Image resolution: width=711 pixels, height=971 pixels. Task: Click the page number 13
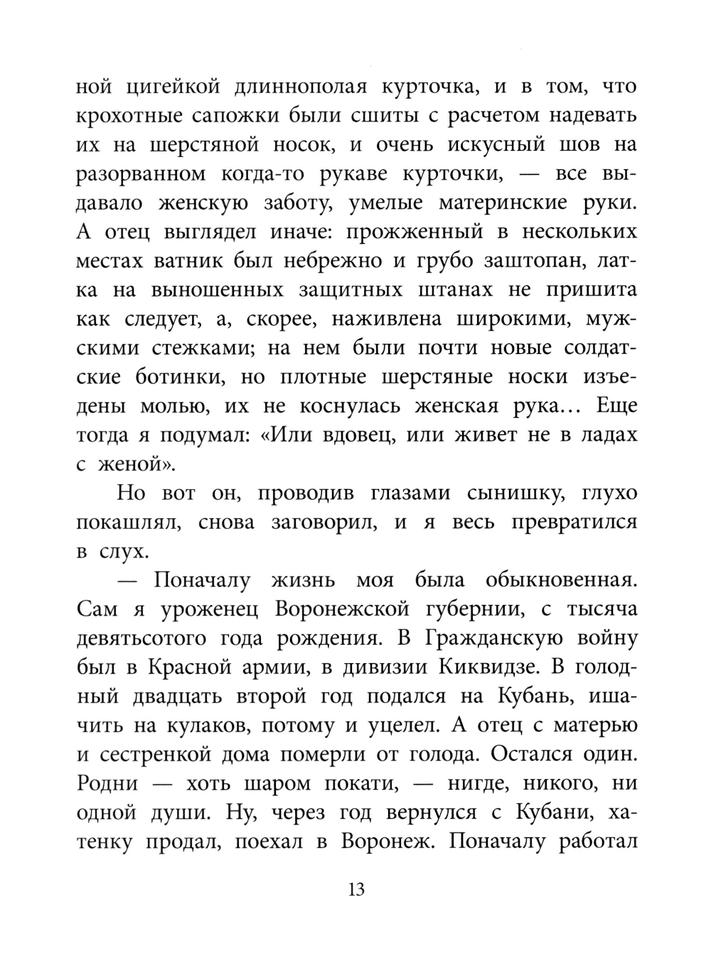(356, 889)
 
